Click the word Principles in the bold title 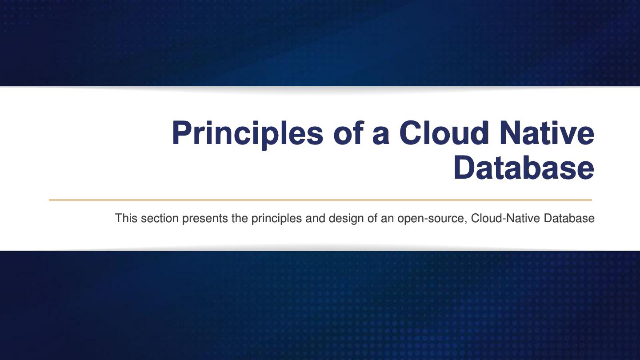click(247, 133)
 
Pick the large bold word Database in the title click(524, 168)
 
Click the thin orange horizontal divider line click(320, 200)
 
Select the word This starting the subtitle click(126, 218)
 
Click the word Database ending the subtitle click(569, 218)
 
